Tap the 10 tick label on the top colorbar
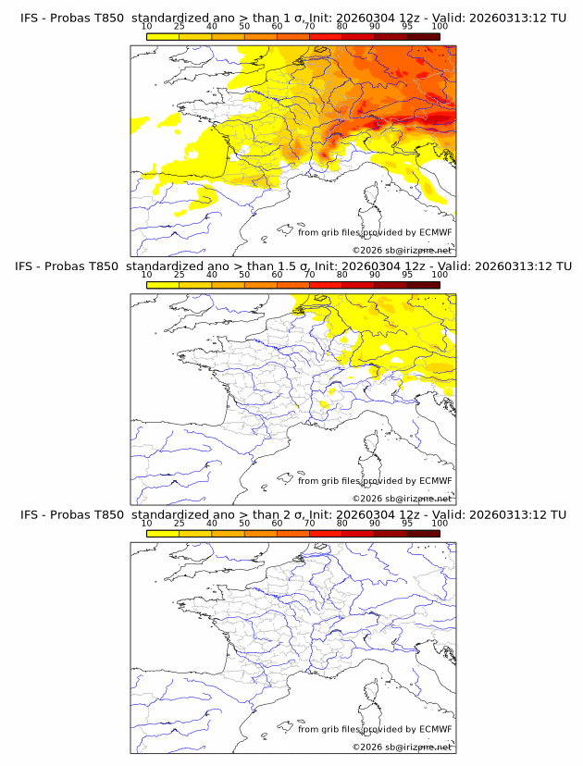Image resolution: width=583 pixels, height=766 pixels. pos(146,27)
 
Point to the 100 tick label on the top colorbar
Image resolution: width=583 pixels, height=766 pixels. pos(440,27)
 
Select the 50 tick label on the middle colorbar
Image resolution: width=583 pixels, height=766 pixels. pos(244,275)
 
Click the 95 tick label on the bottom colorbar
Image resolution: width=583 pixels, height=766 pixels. pos(407,523)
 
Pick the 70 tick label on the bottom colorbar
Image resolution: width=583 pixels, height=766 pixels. pos(309,523)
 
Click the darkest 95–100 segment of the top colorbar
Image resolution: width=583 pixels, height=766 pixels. pos(423,36)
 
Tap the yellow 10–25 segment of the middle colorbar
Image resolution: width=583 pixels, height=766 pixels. pos(163,284)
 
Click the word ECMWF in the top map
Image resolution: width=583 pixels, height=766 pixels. pos(435,233)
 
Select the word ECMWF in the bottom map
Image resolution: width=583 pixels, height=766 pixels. pos(435,729)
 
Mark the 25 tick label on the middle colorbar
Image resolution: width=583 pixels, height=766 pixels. pos(179,275)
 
